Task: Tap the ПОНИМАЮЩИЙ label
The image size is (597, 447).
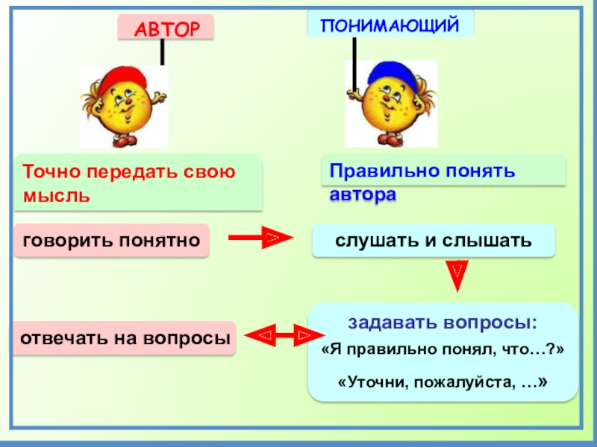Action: point(390,25)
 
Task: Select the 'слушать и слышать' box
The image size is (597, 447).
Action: point(433,241)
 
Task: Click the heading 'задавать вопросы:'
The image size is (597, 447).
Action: point(443,323)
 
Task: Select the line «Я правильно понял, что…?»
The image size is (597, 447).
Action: point(443,350)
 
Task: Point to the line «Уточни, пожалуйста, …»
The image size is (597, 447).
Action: point(443,381)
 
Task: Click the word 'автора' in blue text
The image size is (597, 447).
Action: point(363,195)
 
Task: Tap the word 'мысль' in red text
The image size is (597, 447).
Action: point(57,196)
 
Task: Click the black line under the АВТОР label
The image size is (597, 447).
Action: point(162,52)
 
